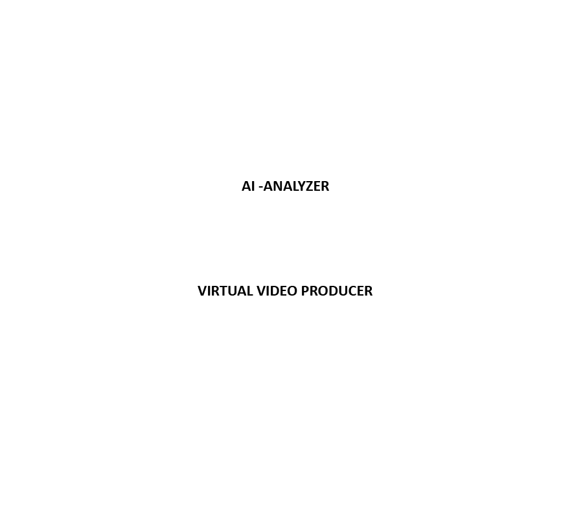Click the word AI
coord(248,186)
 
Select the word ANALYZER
coord(296,186)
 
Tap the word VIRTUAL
coord(225,291)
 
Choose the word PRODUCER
coord(337,291)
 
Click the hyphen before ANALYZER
coord(260,187)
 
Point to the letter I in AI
coord(253,186)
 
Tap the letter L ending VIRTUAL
coord(250,291)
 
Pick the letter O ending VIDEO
coord(292,291)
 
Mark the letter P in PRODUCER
coord(305,291)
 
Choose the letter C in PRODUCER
coord(352,291)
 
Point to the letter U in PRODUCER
coord(343,291)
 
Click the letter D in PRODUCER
coord(333,291)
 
